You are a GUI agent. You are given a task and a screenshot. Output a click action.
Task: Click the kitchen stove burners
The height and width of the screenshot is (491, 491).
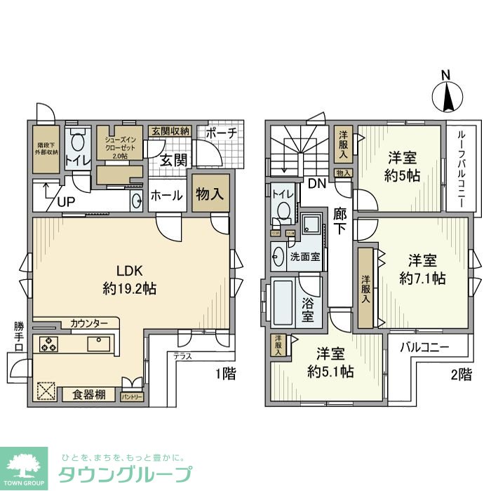coord(49,344)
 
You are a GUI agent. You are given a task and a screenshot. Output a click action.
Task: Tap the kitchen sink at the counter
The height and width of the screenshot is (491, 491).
coord(98,344)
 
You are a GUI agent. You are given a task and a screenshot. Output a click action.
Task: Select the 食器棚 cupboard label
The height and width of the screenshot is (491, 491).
coord(89,395)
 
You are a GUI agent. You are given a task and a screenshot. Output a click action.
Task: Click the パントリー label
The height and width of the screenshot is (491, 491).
coord(132,397)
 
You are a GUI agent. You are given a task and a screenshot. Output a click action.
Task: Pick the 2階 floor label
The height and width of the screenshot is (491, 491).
coord(460,374)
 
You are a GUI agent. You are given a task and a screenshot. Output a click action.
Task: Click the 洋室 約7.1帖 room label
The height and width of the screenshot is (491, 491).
coord(423,269)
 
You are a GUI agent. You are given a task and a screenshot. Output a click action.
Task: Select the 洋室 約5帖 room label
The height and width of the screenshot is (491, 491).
coord(402,166)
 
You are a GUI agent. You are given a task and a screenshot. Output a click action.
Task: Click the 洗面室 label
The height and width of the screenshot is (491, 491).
coord(306,257)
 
